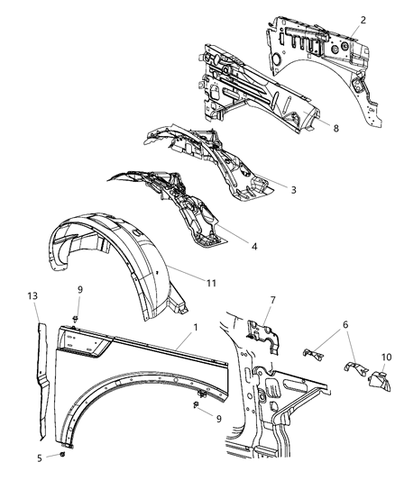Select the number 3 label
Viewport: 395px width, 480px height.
[292, 190]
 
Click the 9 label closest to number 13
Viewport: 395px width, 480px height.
[78, 289]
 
